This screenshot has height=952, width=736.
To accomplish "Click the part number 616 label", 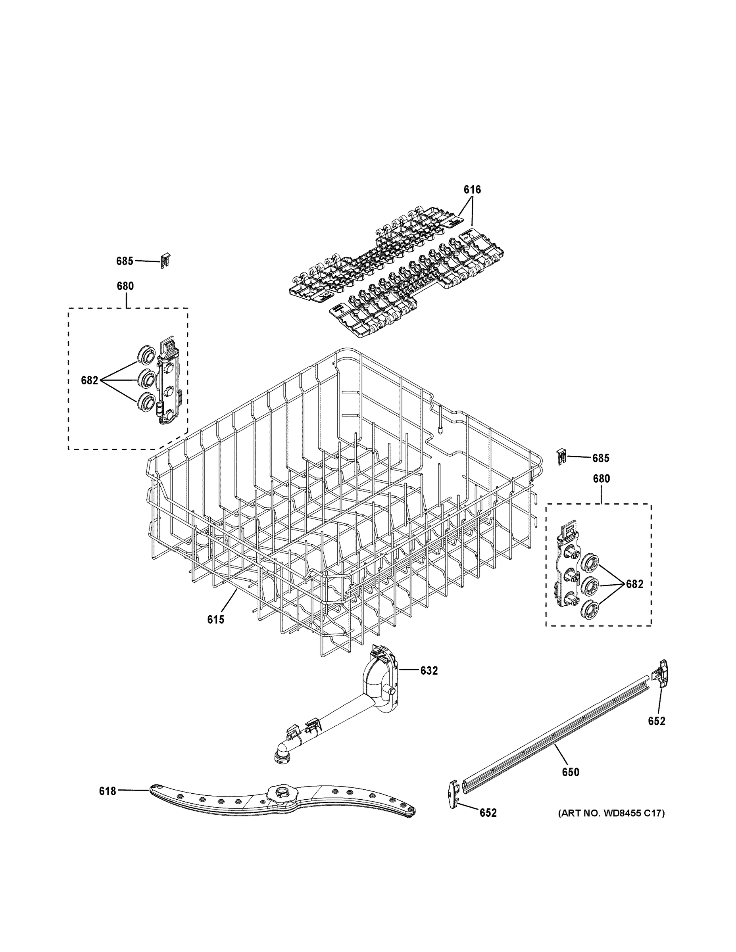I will [472, 190].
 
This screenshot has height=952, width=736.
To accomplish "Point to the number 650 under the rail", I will [570, 772].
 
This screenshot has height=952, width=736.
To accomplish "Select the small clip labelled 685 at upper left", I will [165, 261].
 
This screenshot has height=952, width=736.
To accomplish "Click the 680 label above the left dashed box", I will [125, 286].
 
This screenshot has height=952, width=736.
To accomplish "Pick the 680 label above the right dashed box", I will [601, 479].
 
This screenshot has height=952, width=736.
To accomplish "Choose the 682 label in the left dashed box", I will [89, 380].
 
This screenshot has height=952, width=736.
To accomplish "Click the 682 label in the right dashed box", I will [634, 585].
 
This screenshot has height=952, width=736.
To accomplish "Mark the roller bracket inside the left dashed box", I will [169, 384].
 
